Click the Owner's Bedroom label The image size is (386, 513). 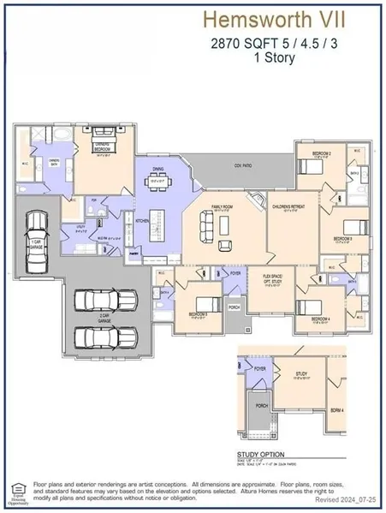[x=104, y=147]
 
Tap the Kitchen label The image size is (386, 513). [x=142, y=221]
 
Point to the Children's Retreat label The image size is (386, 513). [x=286, y=206]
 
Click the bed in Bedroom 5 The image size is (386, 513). [x=205, y=304]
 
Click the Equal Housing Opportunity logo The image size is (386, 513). [x=16, y=491]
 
